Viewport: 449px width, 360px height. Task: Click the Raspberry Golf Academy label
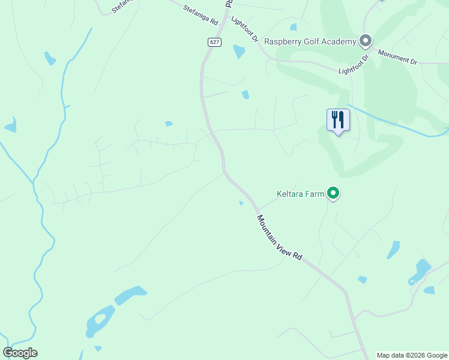(310, 41)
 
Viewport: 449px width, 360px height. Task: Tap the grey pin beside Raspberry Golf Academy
(366, 41)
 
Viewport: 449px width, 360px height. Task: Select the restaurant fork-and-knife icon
(338, 120)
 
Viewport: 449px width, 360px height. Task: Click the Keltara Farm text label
(300, 194)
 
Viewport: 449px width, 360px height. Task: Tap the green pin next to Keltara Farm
(334, 193)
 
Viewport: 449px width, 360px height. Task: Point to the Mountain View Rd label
(280, 237)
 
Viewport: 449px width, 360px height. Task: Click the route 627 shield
(215, 42)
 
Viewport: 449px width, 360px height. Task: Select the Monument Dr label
(397, 57)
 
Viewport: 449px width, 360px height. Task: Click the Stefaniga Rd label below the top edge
(200, 14)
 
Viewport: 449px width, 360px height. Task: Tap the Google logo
(20, 353)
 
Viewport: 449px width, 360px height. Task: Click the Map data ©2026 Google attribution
(412, 355)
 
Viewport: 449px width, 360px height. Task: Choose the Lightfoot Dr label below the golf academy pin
(353, 64)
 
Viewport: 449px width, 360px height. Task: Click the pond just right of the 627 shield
(239, 51)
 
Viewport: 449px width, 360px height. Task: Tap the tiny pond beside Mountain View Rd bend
(241, 203)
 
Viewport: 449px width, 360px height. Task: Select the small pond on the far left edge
(10, 125)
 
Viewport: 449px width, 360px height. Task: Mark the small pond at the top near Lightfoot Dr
(293, 27)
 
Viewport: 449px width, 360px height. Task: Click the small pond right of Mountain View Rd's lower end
(362, 280)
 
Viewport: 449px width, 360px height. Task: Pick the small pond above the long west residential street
(169, 124)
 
